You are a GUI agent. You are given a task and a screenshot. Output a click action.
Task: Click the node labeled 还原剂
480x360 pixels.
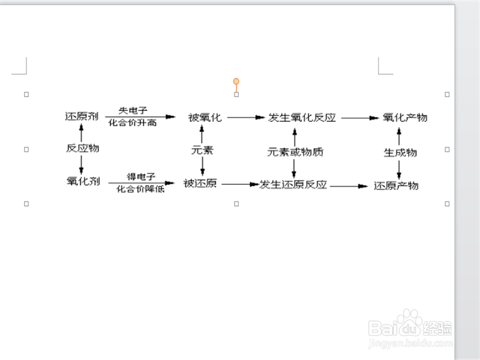coord(82,116)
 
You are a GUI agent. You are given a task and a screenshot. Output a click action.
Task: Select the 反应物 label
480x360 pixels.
coord(82,148)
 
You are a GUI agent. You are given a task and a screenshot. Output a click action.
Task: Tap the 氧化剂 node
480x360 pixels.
coord(83,180)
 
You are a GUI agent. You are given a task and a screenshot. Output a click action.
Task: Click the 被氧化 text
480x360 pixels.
coord(205,118)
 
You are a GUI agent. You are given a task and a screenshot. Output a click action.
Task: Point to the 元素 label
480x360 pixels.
coord(202,150)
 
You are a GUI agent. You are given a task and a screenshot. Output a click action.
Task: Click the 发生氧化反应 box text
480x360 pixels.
coord(301,118)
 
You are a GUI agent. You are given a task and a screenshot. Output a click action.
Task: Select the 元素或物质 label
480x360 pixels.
coord(295,152)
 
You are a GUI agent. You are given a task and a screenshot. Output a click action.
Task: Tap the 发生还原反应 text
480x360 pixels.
coord(293,184)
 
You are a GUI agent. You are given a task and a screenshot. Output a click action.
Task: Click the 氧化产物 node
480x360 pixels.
coord(405,118)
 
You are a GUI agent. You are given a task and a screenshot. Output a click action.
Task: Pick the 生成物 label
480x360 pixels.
coord(400,152)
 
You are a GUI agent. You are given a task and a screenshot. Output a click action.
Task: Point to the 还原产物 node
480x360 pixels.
coord(396,185)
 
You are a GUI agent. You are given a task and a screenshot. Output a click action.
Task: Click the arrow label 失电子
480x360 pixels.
coord(133,110)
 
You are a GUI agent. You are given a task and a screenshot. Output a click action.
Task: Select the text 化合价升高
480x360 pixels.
coord(132,122)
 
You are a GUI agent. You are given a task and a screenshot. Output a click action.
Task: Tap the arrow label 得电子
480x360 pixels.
coord(141,176)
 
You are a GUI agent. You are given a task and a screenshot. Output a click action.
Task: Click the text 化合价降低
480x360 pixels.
coord(141,189)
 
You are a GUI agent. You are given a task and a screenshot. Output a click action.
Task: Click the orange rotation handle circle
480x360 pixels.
coord(236,81)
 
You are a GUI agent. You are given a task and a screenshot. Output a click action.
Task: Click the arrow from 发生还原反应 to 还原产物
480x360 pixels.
coord(348,186)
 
